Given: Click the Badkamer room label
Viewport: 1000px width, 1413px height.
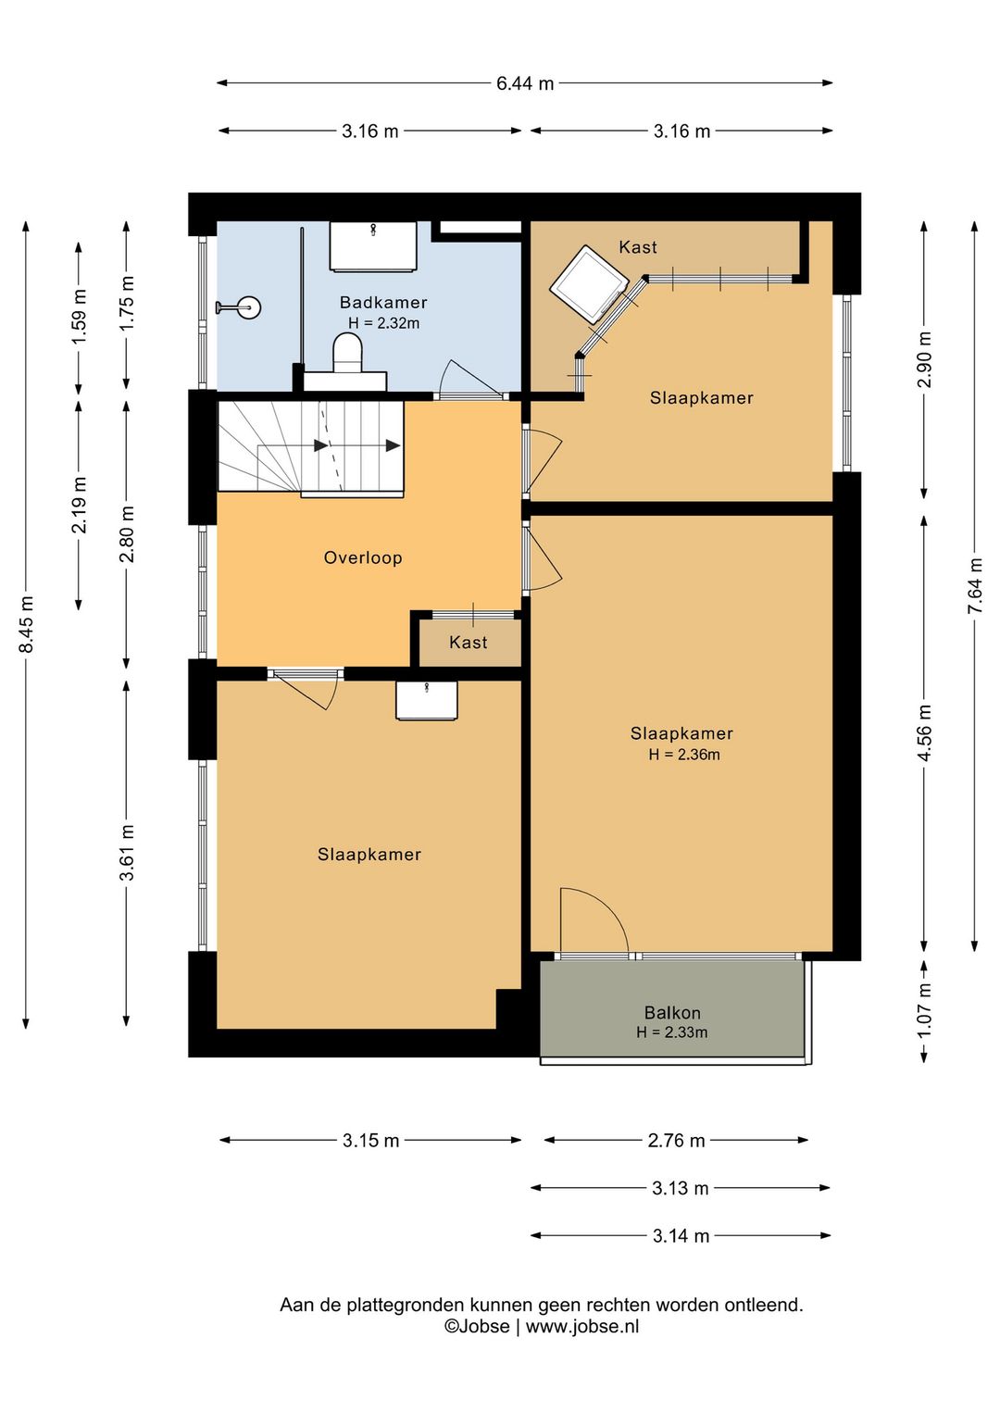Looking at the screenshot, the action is click(x=383, y=302).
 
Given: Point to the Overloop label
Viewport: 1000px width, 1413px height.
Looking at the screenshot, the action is click(x=363, y=557).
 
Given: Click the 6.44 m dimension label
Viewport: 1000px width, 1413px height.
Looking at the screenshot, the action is click(x=525, y=83).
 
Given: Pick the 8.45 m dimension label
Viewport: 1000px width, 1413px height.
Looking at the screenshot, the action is click(x=26, y=624).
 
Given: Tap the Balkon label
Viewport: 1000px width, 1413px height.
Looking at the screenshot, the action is click(x=672, y=1012).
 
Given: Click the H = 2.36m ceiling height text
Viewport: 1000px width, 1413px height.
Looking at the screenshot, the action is click(x=684, y=755).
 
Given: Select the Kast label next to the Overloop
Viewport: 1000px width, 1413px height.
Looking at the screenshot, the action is click(x=469, y=643).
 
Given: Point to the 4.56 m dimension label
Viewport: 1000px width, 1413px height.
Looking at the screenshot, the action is click(x=924, y=733).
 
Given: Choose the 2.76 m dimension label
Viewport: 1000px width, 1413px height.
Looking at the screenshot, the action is click(x=676, y=1141).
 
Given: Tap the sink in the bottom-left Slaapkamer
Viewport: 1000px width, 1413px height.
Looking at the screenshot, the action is click(x=427, y=700).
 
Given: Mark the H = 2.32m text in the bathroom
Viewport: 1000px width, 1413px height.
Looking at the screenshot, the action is click(x=383, y=323).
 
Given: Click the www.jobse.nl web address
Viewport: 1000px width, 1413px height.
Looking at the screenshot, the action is click(x=581, y=1326).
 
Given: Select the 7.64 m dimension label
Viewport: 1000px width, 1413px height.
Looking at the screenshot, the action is click(x=975, y=585).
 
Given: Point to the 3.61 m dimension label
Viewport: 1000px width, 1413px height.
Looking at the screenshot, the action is click(x=127, y=852).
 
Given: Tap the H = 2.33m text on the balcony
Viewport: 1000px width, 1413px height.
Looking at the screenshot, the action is click(x=672, y=1032).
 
